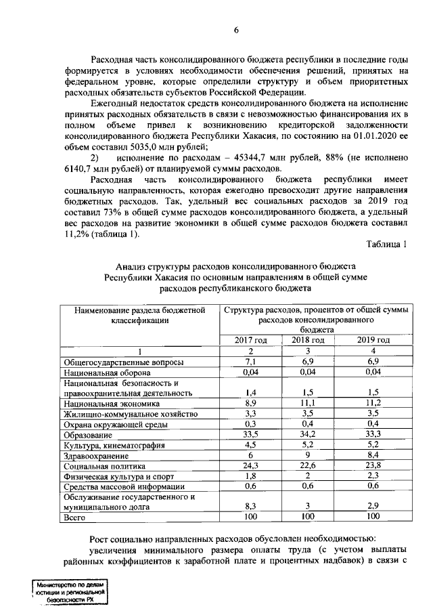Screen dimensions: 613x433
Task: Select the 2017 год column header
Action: pos(250,340)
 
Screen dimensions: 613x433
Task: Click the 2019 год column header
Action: pos(374,340)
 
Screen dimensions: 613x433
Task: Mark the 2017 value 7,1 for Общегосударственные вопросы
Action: pos(250,362)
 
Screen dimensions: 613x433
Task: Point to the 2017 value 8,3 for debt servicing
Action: pos(250,506)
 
